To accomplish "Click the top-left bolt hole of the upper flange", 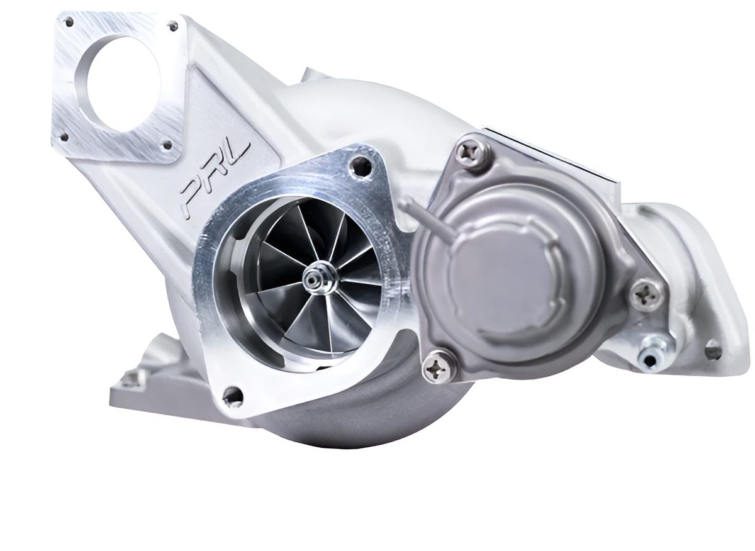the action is (70, 23).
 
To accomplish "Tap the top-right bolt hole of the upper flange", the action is (173, 26).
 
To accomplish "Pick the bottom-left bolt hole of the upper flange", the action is (64, 137).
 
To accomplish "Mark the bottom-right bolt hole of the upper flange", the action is (167, 146).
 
